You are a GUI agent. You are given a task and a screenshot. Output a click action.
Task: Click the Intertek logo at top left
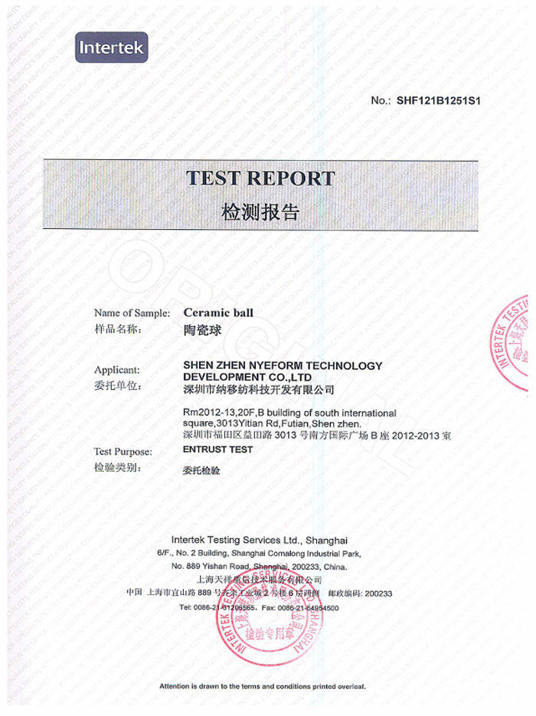click(x=110, y=49)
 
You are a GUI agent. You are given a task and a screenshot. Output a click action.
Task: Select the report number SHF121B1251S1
click(x=438, y=100)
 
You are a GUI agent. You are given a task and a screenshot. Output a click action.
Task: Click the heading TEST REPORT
click(x=261, y=178)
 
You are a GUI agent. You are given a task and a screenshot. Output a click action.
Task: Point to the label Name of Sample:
click(x=132, y=312)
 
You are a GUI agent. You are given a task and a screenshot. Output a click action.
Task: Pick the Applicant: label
click(x=117, y=368)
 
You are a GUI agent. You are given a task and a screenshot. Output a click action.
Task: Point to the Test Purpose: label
click(x=123, y=451)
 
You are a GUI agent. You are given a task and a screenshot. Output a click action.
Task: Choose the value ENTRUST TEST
click(x=218, y=450)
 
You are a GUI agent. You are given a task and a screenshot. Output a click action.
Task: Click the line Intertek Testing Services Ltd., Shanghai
click(x=260, y=539)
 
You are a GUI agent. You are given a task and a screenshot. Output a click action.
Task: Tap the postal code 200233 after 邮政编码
click(x=379, y=593)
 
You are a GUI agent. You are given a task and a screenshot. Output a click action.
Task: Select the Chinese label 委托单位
click(x=118, y=385)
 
